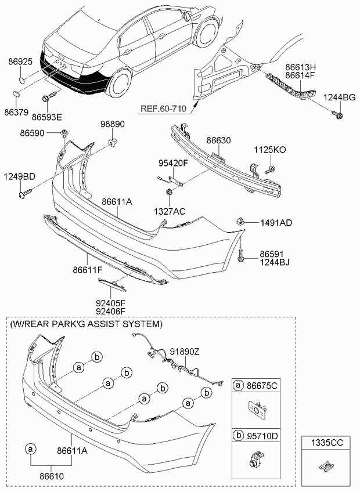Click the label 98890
(113, 124)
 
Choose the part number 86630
(218, 140)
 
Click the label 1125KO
(270, 150)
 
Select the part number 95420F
(174, 163)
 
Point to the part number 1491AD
(276, 222)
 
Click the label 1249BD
(20, 176)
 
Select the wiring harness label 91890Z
(185, 352)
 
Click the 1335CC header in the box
(328, 443)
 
